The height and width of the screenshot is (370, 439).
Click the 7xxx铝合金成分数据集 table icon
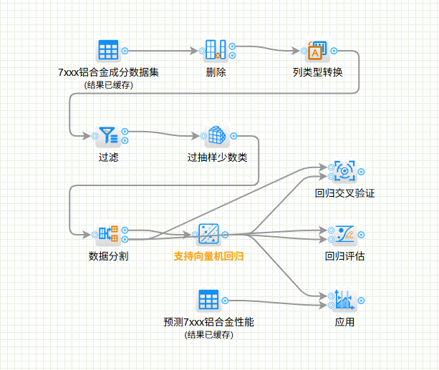[x=108, y=51]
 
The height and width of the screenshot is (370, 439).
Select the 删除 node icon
[x=216, y=51]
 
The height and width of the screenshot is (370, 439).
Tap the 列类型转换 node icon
[x=317, y=51]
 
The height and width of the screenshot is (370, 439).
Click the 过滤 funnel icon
[x=108, y=135]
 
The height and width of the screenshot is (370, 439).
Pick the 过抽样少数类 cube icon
[x=217, y=135]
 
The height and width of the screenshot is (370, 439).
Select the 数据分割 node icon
[x=108, y=233]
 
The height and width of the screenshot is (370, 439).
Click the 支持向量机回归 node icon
[x=208, y=233]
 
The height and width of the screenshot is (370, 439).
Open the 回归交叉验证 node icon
[x=344, y=171]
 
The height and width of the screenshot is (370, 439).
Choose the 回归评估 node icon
[x=344, y=233]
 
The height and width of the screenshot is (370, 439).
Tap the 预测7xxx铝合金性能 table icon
[x=208, y=300]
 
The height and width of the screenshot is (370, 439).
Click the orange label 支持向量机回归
[x=208, y=255]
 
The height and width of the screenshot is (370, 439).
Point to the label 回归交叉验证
[x=344, y=193]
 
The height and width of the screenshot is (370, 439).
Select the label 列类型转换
[x=317, y=72]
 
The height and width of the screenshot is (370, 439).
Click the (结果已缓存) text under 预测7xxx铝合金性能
[x=208, y=334]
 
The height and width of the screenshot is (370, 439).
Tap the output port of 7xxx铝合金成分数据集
[x=125, y=51]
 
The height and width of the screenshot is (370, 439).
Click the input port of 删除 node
[x=200, y=51]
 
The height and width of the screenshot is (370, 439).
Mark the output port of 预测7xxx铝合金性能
[x=225, y=300]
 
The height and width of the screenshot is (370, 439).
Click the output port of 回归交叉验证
[x=362, y=171]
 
